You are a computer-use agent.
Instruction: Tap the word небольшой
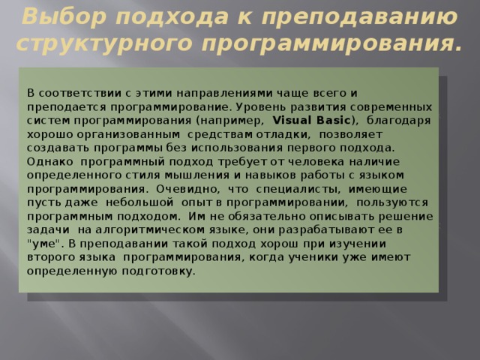(x=140, y=202)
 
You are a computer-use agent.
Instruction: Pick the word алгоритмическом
(x=175, y=229)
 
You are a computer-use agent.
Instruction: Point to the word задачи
(x=47, y=229)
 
